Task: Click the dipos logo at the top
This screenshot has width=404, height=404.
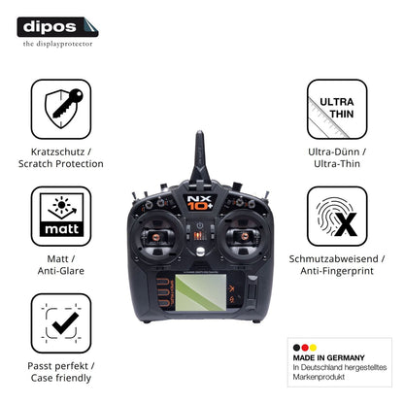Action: (x=57, y=27)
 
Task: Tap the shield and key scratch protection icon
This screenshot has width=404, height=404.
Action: (x=61, y=109)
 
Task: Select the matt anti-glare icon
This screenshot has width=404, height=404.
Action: (x=61, y=216)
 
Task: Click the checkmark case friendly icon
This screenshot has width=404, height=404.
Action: (x=61, y=323)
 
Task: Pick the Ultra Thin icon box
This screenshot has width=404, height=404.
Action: (x=337, y=109)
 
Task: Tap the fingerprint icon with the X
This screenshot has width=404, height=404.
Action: (x=337, y=216)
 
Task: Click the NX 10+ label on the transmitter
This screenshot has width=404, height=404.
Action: (x=200, y=203)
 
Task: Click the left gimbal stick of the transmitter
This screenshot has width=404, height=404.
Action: (x=156, y=237)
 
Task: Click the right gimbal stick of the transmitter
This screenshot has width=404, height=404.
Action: (x=245, y=236)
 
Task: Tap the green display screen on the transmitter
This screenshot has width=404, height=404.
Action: (x=201, y=292)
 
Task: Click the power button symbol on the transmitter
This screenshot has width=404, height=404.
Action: (x=200, y=225)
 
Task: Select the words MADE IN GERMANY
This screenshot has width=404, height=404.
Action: (x=328, y=357)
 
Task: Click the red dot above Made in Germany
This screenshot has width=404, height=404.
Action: (x=305, y=348)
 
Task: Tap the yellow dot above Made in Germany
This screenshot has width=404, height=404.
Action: (x=313, y=348)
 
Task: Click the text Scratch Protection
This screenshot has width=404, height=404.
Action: (x=61, y=164)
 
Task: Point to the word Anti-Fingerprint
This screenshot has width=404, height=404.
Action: (x=337, y=271)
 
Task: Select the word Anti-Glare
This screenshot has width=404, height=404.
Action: (x=61, y=271)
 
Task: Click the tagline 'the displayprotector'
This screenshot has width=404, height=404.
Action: (x=57, y=44)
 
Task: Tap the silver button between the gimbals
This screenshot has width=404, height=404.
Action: (x=200, y=251)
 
